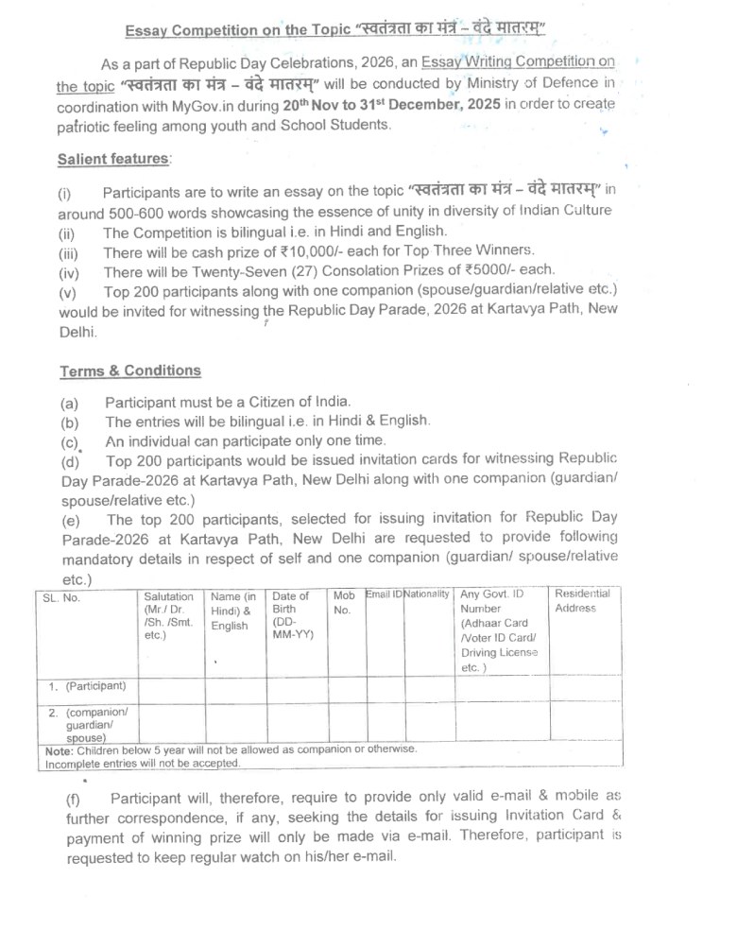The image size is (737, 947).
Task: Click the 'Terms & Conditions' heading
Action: [129, 370]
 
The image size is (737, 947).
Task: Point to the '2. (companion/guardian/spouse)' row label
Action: [89, 724]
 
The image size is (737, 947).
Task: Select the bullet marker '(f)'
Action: [73, 801]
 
